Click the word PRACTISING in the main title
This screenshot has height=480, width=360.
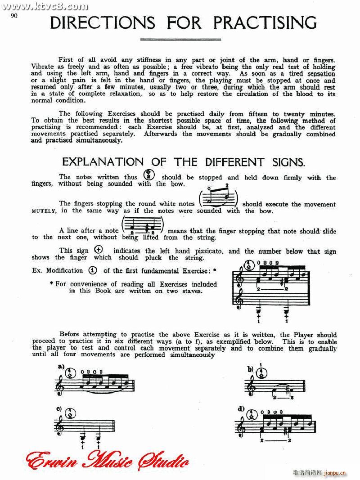265,22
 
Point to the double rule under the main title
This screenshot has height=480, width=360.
180,40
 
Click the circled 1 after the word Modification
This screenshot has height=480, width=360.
93,270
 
